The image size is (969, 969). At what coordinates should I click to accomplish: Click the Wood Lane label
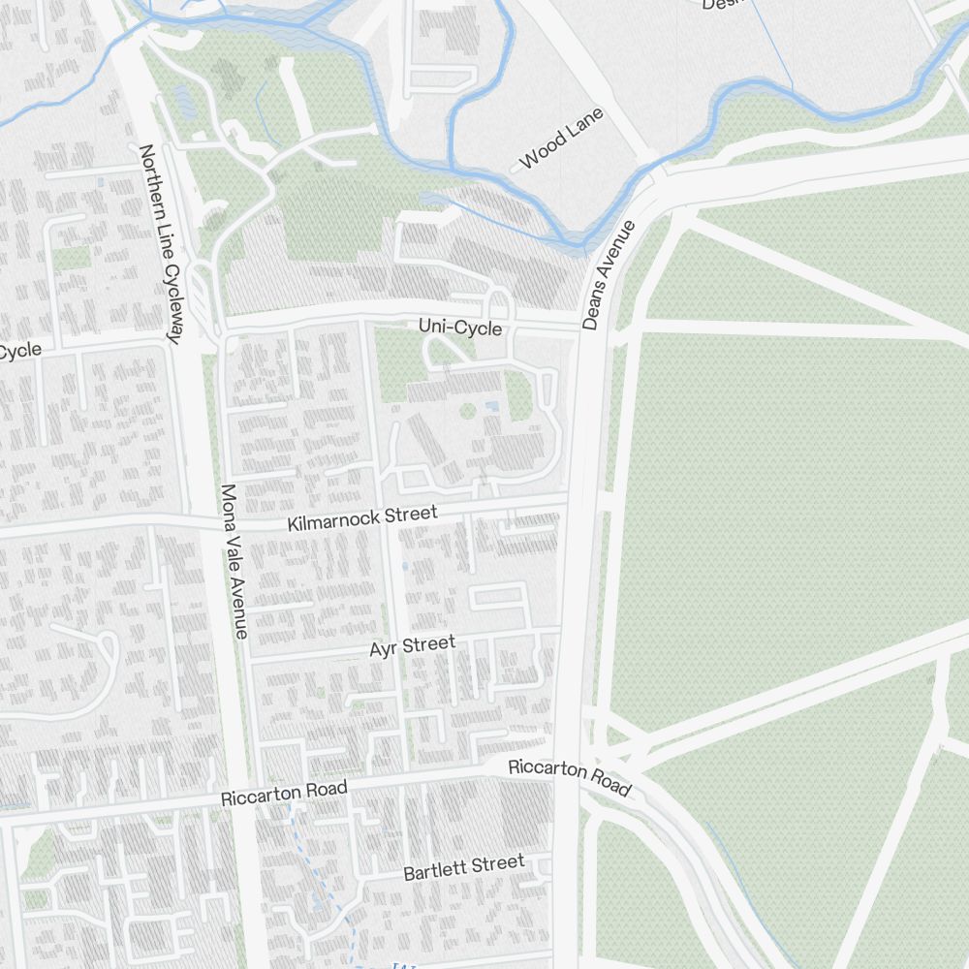click(x=562, y=139)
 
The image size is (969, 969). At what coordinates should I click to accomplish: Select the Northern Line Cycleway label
click(x=161, y=244)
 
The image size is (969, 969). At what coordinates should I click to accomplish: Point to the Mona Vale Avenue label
click(x=234, y=562)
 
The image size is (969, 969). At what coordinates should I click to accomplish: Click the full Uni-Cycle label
click(x=460, y=328)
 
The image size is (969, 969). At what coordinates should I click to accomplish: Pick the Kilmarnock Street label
click(x=362, y=517)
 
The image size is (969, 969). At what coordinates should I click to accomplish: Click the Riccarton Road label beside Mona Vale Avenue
click(x=284, y=794)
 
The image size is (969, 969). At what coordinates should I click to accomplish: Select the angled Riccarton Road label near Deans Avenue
click(x=570, y=776)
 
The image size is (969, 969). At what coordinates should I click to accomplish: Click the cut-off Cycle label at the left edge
click(x=19, y=351)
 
